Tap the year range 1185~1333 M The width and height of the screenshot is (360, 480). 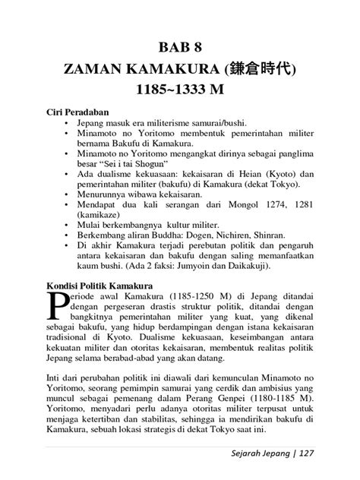point(180,93)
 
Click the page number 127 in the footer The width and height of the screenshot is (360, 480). point(306,454)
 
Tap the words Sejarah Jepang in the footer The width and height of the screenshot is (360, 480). point(254,454)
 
